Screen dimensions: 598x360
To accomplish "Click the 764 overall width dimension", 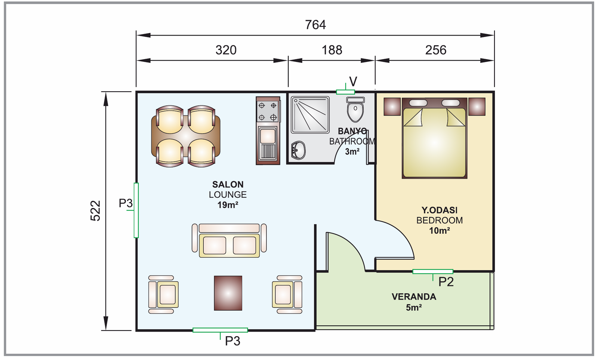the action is coord(315,25).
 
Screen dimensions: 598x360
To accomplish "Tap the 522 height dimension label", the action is coord(95,211).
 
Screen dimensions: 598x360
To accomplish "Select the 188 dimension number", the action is coord(332,50).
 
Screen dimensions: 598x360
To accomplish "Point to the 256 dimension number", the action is coord(436,50).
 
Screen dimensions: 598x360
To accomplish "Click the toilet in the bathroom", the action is coord(355,109).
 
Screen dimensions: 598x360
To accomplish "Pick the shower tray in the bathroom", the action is coord(310,115).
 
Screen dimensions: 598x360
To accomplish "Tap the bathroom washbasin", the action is coord(298,150).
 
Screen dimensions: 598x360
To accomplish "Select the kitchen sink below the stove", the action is coord(268,144).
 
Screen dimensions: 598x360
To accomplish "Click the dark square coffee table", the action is coord(228,293).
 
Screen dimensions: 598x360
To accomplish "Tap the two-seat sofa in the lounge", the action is coord(229,241).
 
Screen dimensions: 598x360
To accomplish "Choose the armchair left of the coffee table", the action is coord(163,294).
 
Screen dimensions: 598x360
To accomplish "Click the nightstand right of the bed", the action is coord(477,107).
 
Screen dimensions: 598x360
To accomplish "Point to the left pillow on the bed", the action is coord(418,103).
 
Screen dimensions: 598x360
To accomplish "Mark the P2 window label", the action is coord(446,282).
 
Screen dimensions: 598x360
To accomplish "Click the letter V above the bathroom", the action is coord(353,81).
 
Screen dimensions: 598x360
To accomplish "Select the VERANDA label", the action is coord(414,297).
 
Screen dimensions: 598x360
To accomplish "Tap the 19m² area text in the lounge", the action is coord(228,205).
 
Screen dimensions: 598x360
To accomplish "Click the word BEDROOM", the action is coord(440,220).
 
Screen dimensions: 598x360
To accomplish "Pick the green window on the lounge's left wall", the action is coord(136,210).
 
